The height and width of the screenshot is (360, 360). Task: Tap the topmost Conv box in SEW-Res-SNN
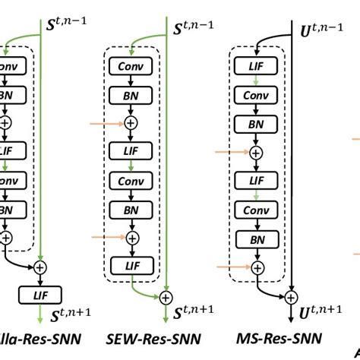(x=132, y=67)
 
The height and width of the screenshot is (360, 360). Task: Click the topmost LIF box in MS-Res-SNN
(x=258, y=67)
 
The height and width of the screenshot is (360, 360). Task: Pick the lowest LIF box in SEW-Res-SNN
(x=132, y=265)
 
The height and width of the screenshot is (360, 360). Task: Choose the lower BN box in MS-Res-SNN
(x=258, y=238)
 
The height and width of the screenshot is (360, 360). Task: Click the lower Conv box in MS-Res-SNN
(x=258, y=210)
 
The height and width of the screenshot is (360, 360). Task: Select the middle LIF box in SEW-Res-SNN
(x=132, y=152)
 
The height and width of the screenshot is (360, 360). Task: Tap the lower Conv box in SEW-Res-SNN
(x=132, y=181)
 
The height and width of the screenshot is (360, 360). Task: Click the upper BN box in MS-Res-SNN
(x=258, y=124)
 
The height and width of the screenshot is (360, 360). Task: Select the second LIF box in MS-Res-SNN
(x=258, y=182)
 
